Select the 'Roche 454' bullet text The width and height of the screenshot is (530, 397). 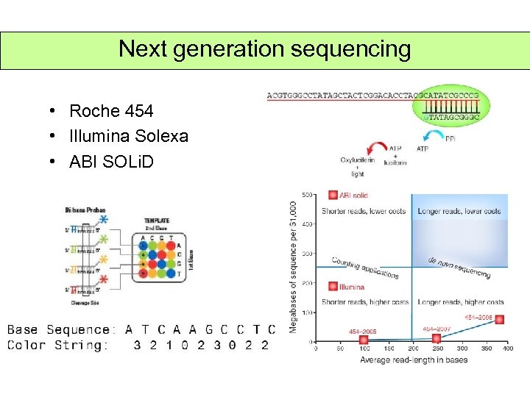[x=111, y=112]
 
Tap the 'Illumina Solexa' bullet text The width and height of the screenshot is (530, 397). [x=129, y=136]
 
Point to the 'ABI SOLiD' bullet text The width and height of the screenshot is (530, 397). [x=111, y=161]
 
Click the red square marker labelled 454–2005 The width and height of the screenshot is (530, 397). [x=364, y=338]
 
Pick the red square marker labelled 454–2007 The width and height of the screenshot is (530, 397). [x=436, y=338]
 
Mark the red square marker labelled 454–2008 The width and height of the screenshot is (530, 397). [x=500, y=320]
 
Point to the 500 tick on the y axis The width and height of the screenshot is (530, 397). [x=306, y=195]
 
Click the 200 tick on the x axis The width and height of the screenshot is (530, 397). [x=412, y=348]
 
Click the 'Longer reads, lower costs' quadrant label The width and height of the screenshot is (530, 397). [x=459, y=212]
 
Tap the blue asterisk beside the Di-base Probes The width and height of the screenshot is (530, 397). [x=103, y=221]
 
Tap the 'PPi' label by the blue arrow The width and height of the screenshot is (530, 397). [x=451, y=138]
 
